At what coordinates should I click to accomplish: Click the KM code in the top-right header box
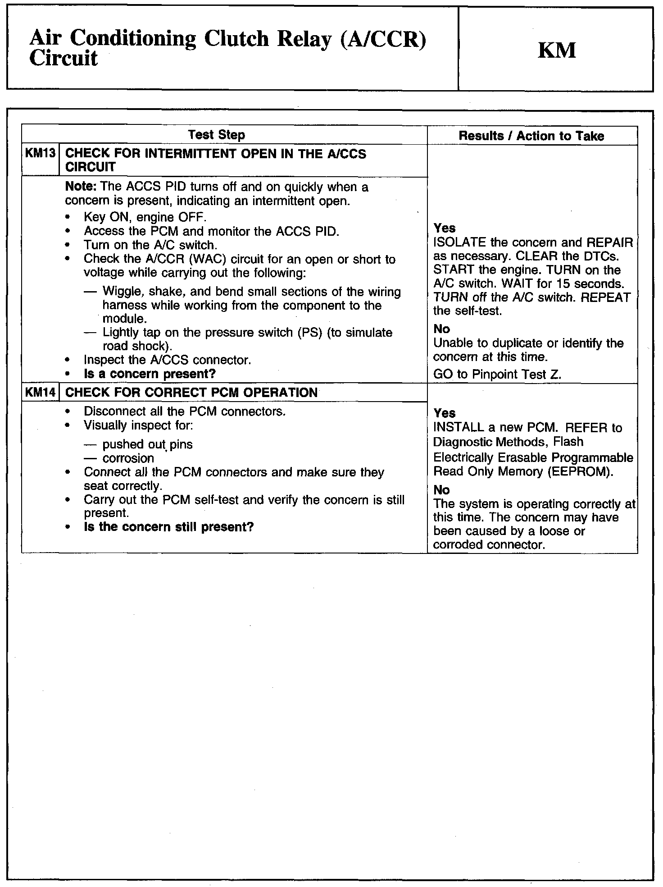pos(557,50)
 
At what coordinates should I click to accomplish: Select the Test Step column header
pos(216,135)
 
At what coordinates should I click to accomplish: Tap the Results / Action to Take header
pos(531,136)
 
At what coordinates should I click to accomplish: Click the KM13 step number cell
pos(40,154)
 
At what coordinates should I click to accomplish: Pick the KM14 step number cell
pos(40,392)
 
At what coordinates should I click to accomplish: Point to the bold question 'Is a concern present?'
pos(150,374)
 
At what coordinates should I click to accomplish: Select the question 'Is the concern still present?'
pos(168,527)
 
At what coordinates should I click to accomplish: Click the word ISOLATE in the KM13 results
pos(460,242)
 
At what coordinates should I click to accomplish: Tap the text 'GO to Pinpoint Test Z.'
pos(497,375)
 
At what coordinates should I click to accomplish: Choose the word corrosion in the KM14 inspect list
pos(128,458)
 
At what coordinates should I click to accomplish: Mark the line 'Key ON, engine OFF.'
pos(145,217)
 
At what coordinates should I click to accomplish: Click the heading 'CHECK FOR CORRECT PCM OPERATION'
pos(191,392)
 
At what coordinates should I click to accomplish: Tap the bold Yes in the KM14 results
pos(444,413)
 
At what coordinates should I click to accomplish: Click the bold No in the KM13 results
pos(441,329)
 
